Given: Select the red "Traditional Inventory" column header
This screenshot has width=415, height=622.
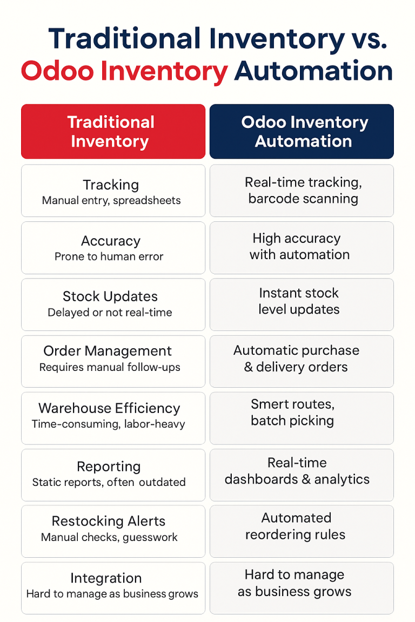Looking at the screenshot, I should click(x=113, y=131).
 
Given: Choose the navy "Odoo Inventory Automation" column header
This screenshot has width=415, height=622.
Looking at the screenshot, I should click(x=302, y=131).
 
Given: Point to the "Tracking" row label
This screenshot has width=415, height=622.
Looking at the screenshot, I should click(x=111, y=185).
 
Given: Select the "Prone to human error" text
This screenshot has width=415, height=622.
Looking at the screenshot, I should click(x=109, y=256).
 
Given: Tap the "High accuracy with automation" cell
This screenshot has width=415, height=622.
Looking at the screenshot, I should click(x=301, y=247).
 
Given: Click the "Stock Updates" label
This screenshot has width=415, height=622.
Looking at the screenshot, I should click(x=110, y=296).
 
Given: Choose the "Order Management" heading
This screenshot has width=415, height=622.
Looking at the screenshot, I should click(x=108, y=351).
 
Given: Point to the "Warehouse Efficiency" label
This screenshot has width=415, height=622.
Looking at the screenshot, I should click(x=109, y=408).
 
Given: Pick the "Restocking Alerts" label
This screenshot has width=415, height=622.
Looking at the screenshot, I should click(x=109, y=522).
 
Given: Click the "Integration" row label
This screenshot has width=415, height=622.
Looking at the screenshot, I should click(x=106, y=578).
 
